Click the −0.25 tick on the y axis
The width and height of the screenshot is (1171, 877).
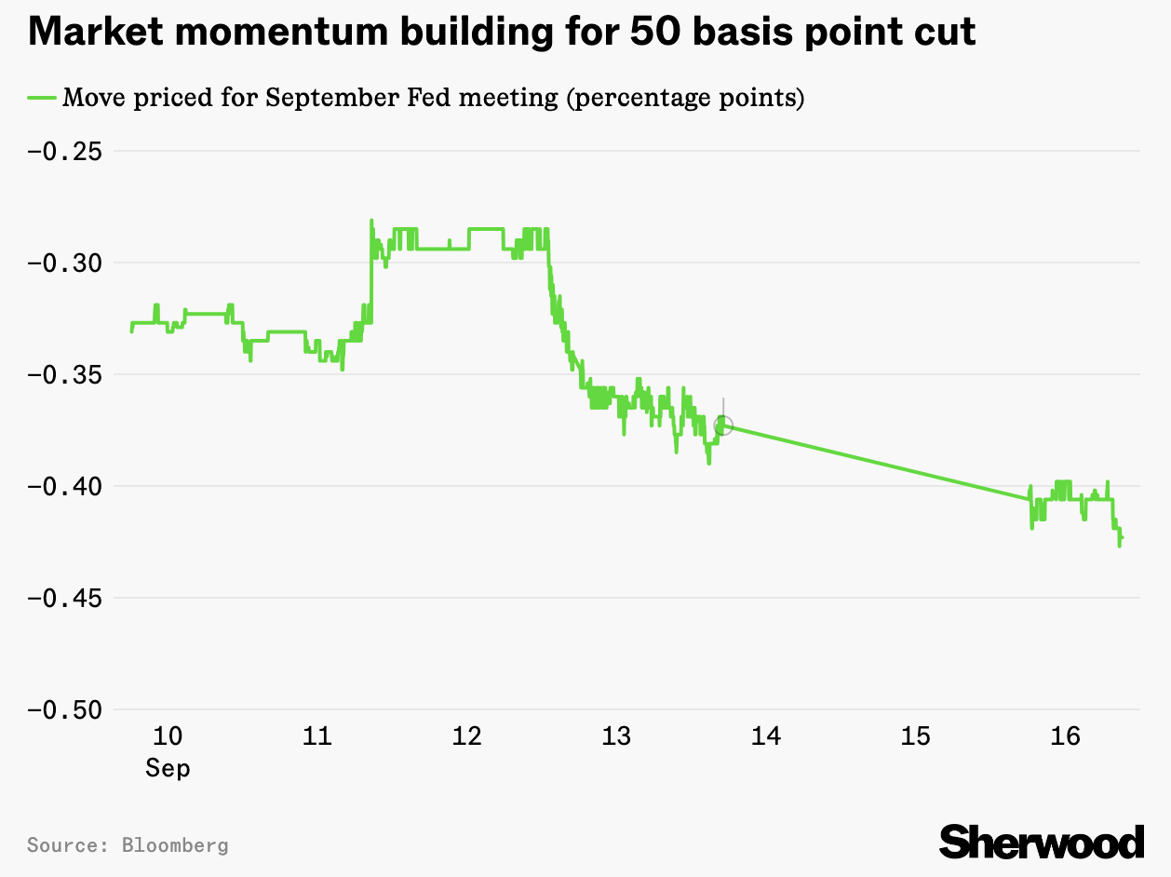click(x=64, y=151)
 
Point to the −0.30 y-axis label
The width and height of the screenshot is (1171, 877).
click(x=64, y=263)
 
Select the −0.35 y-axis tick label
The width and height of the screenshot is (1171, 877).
click(x=64, y=374)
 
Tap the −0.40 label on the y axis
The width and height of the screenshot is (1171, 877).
click(x=64, y=486)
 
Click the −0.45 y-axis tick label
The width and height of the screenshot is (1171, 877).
click(x=64, y=598)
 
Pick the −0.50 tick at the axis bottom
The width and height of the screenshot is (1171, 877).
click(x=64, y=709)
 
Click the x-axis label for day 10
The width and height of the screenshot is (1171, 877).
click(x=168, y=736)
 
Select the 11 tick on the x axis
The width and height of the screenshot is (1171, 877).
click(x=317, y=736)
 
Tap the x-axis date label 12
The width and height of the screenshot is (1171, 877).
click(x=466, y=736)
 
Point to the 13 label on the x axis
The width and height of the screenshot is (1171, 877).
click(x=616, y=736)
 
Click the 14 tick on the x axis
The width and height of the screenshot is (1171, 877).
click(x=766, y=736)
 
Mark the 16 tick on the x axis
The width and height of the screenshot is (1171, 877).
click(x=1065, y=736)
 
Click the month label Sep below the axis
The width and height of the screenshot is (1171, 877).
click(x=168, y=768)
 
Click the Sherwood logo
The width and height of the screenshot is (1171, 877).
click(x=1041, y=842)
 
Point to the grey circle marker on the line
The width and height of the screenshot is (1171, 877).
click(x=723, y=425)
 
